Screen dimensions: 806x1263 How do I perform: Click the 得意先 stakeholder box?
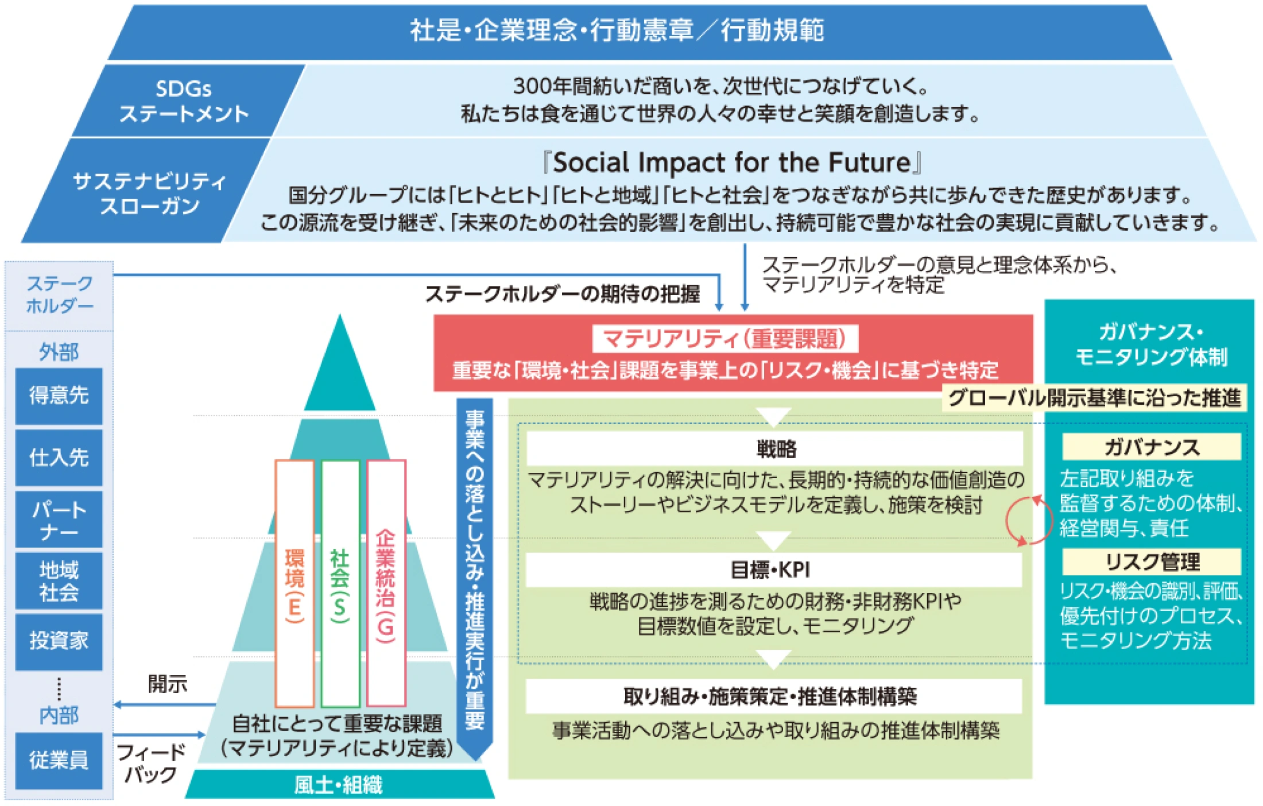[59, 396]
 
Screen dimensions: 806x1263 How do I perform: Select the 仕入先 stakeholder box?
[59, 458]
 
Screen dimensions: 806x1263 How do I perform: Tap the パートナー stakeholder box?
[59, 520]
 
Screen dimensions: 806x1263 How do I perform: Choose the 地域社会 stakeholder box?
[59, 580]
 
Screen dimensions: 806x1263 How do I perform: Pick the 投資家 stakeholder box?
[59, 641]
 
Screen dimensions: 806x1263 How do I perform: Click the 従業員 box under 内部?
[59, 760]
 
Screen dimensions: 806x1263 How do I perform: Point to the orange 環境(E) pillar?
[295, 583]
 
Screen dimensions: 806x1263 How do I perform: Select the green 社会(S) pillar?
[340, 583]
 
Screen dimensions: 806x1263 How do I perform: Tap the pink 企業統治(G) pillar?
[386, 583]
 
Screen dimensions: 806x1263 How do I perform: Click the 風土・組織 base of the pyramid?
[339, 784]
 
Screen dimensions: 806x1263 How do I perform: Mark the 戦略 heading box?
[774, 448]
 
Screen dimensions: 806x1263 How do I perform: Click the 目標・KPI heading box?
[773, 569]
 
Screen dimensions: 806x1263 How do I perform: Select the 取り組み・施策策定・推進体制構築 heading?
[773, 696]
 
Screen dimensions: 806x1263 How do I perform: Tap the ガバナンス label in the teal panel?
[1151, 447]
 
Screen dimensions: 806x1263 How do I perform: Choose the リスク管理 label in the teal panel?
[1151, 561]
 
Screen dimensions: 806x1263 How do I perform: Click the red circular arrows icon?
[1029, 521]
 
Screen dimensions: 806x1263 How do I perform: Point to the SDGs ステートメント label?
[184, 101]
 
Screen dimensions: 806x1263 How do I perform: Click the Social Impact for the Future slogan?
[732, 162]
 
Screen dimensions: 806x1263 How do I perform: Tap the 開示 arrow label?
[168, 684]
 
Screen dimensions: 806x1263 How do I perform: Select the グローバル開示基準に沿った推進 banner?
[1094, 397]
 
